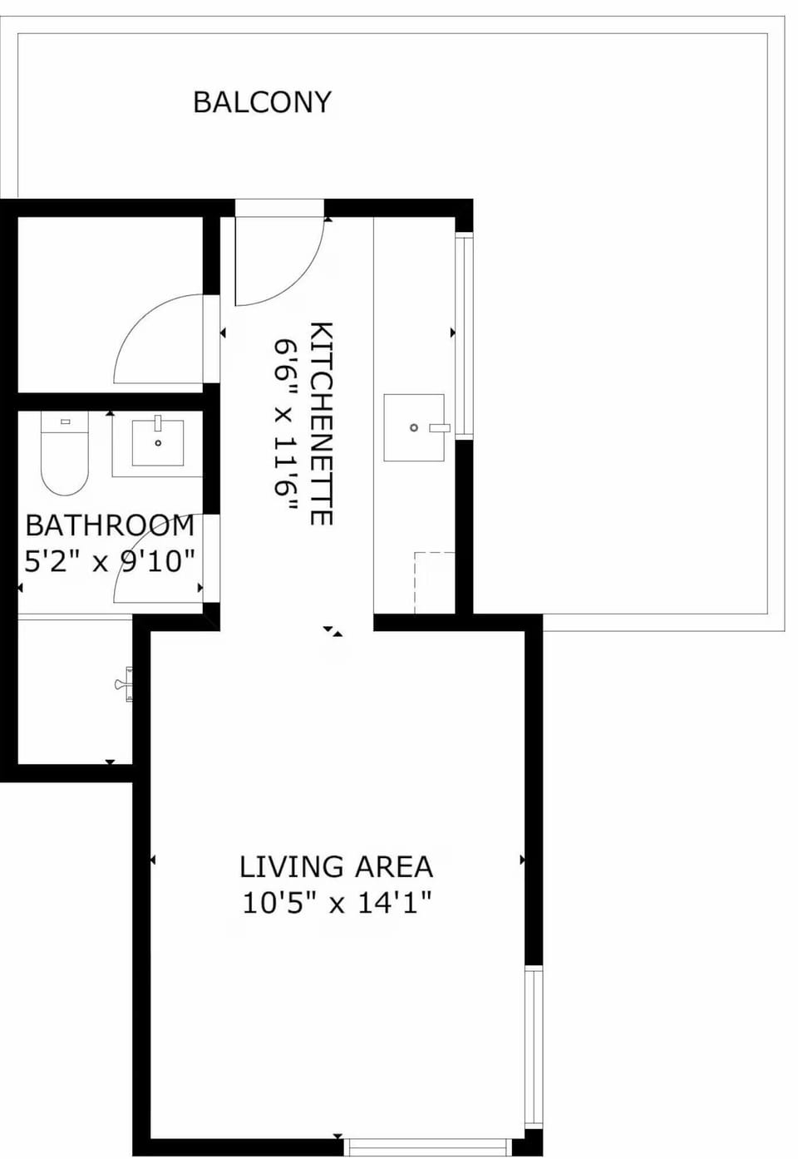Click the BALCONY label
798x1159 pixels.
click(262, 102)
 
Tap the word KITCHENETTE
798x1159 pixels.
click(321, 423)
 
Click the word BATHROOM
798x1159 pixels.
click(110, 525)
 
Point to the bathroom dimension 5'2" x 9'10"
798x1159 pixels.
click(110, 561)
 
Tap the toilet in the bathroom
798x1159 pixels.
click(65, 453)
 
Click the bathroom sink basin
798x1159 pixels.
click(158, 443)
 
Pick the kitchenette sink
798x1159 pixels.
click(414, 427)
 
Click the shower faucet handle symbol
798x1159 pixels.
click(124, 684)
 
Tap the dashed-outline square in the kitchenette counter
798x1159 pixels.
click(435, 583)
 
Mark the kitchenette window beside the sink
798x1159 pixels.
click(464, 337)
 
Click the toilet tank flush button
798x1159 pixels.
click(65, 422)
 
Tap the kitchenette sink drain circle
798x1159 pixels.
click(414, 427)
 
